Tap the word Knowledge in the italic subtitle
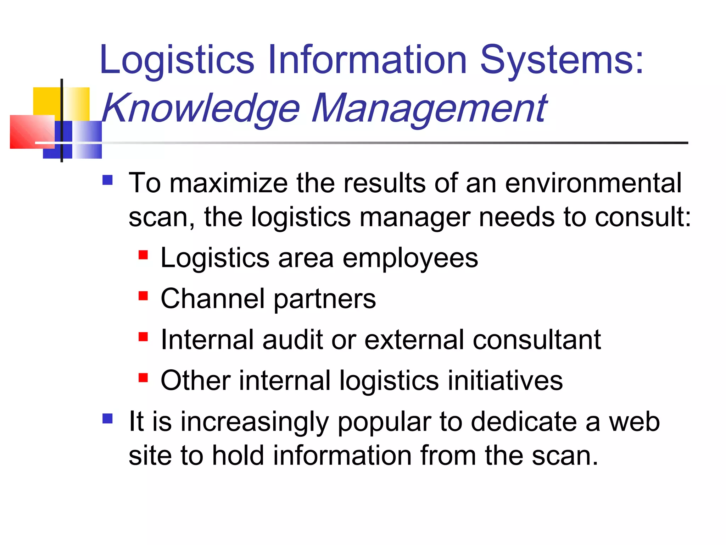pyautogui.click(x=201, y=108)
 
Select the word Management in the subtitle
pyautogui.click(x=429, y=108)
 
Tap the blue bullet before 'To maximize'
pyautogui.click(x=107, y=180)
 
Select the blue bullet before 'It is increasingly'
pyautogui.click(x=107, y=419)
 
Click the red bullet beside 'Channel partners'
pyautogui.click(x=143, y=296)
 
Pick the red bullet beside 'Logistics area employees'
pyautogui.click(x=143, y=255)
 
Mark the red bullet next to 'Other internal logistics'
pyautogui.click(x=143, y=378)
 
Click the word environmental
pyautogui.click(x=593, y=183)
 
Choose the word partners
pyautogui.click(x=325, y=299)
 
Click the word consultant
pyautogui.click(x=537, y=340)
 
